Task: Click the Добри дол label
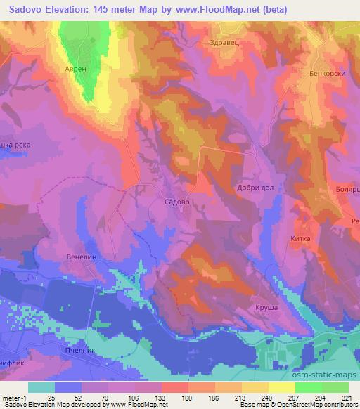pos(255,188)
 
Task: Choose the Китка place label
pos(300,239)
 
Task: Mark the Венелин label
pos(80,257)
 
